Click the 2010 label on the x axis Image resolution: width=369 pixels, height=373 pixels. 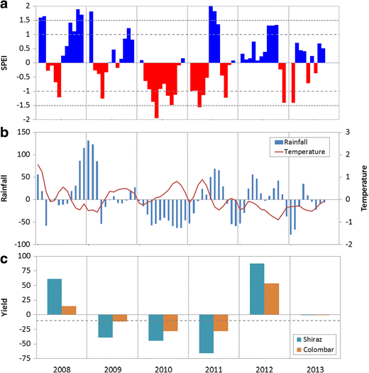click(160, 367)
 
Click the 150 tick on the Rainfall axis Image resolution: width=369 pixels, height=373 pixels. click(23, 132)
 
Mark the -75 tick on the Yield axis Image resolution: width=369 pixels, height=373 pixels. click(24, 343)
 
